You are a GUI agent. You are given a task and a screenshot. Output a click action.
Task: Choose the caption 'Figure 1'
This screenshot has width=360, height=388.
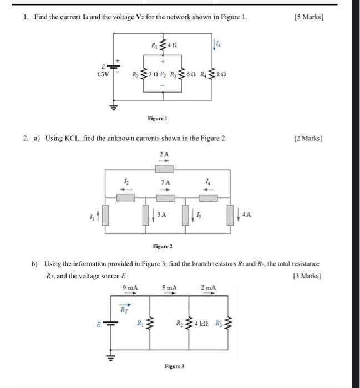(x=158, y=118)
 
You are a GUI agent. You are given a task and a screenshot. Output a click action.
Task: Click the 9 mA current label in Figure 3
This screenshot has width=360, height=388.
(x=131, y=287)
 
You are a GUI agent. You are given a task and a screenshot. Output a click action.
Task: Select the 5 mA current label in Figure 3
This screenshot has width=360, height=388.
(x=169, y=287)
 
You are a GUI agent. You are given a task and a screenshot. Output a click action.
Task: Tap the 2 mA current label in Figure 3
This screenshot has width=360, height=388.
(x=209, y=287)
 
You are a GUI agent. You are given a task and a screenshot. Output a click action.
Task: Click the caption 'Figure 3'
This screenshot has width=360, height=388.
(x=174, y=367)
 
